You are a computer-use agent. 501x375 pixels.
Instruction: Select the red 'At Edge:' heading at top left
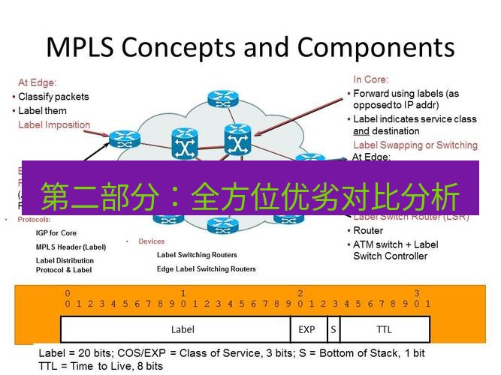click(x=38, y=82)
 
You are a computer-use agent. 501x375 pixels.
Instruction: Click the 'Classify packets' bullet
click(x=53, y=97)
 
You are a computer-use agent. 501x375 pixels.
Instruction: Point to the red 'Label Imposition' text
click(x=54, y=124)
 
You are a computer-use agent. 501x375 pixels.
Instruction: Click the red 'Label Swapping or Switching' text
click(x=415, y=145)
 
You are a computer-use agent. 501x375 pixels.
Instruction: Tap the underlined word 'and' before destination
click(x=361, y=131)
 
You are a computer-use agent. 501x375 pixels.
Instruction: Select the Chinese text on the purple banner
click(x=249, y=196)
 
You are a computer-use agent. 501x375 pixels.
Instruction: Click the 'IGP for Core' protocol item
click(x=56, y=233)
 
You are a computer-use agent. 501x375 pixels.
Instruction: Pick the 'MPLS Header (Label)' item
click(x=71, y=247)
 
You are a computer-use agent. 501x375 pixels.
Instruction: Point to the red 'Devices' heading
click(x=151, y=241)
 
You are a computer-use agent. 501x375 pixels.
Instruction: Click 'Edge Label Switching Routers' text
click(x=206, y=268)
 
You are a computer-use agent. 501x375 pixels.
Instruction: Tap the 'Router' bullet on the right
click(x=368, y=231)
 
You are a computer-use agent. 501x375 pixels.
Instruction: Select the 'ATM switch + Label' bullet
click(x=396, y=244)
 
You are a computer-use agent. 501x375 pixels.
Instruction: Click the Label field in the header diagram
click(x=183, y=329)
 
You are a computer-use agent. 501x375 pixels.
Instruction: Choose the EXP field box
click(x=307, y=329)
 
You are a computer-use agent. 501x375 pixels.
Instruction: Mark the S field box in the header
click(x=332, y=329)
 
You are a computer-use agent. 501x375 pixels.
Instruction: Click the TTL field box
click(x=384, y=329)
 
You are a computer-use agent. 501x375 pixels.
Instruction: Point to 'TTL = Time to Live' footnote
click(x=101, y=366)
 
